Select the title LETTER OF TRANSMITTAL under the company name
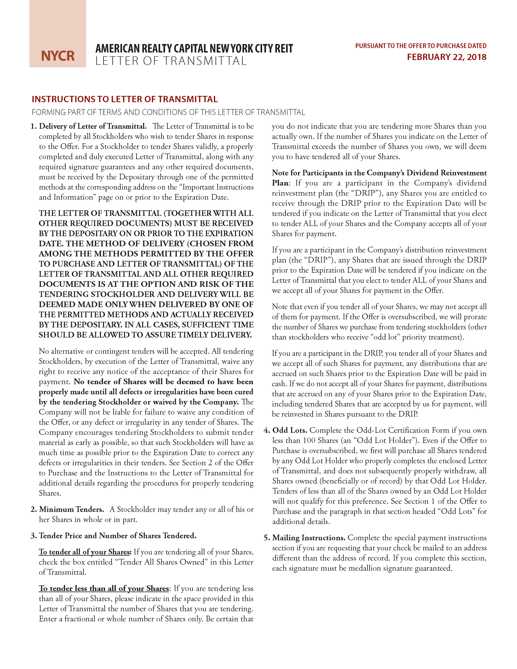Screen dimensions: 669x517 [x=171, y=61]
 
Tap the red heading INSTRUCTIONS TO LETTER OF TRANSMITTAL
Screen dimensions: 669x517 [x=125, y=99]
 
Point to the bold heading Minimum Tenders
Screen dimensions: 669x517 [x=71, y=509]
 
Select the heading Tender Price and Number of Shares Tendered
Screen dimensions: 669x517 [x=118, y=535]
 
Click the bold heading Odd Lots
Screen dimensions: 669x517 [x=290, y=430]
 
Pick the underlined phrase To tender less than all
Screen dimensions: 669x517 [x=104, y=588]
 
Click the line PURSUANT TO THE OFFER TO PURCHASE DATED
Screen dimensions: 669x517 [x=421, y=46]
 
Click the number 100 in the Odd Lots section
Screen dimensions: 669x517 [x=311, y=440]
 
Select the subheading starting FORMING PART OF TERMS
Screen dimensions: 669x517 [x=168, y=112]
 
